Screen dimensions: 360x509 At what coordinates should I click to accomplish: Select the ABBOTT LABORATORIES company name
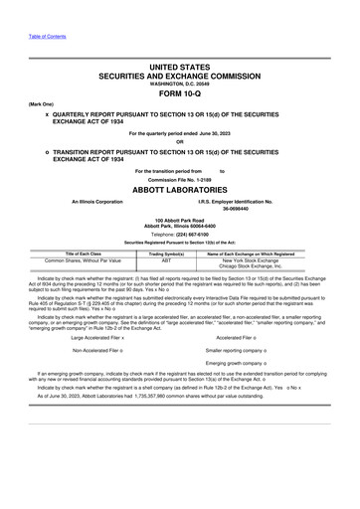(x=179, y=188)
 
